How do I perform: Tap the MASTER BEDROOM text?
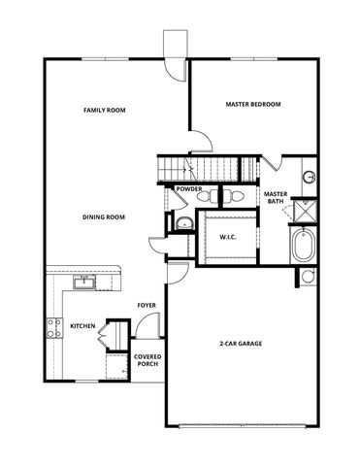252,103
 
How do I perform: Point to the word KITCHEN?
82,326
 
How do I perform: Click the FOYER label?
147,305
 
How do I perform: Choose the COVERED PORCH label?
147,360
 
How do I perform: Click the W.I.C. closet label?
229,237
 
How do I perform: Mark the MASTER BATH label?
276,198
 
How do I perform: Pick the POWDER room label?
189,188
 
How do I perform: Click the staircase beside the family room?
204,166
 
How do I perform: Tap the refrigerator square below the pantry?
116,367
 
